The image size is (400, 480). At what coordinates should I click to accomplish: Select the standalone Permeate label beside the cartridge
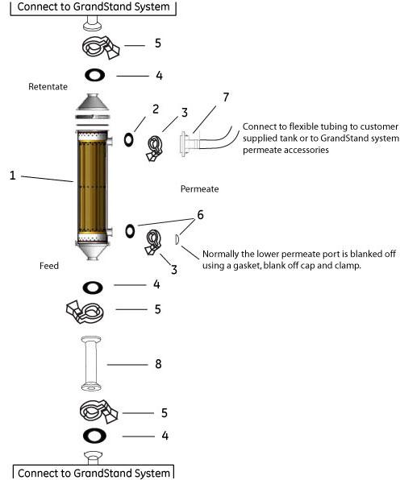(200, 189)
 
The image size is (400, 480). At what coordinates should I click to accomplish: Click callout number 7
(226, 97)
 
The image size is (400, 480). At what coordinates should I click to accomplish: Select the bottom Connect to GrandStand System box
(94, 472)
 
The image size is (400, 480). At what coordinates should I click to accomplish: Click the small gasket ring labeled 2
(128, 139)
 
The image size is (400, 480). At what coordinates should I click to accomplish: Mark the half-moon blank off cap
(177, 238)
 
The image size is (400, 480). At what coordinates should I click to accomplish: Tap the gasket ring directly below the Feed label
(94, 286)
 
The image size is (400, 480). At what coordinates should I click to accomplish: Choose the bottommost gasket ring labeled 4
(94, 437)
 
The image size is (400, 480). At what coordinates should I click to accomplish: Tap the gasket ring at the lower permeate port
(128, 231)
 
